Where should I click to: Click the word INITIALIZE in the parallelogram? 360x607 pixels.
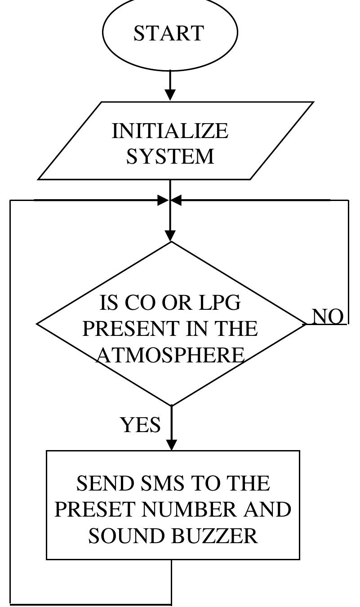[x=170, y=131]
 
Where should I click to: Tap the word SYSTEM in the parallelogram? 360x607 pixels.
[x=170, y=156]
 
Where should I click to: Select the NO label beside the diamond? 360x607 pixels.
[x=328, y=317]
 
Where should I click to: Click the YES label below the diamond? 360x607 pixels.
[x=140, y=424]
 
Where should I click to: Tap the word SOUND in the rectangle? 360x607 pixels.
[x=118, y=536]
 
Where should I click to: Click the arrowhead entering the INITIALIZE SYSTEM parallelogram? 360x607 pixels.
[x=170, y=95]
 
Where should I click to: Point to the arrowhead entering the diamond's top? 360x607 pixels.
[x=170, y=236]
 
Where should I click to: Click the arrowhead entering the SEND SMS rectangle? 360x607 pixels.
[x=171, y=445]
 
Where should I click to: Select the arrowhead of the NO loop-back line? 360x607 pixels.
[x=177, y=200]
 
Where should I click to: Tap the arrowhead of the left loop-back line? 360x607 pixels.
[x=163, y=200]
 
